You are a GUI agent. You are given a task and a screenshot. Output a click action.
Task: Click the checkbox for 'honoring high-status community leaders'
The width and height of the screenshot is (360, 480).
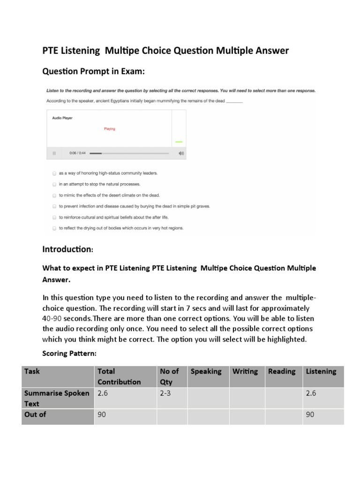(54, 173)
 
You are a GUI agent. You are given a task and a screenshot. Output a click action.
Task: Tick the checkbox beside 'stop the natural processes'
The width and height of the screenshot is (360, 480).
(54, 184)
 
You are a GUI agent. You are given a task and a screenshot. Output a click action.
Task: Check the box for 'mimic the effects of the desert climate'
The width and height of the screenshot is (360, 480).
(54, 195)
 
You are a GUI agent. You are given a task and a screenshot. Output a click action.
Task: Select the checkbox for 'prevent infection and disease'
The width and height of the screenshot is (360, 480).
(54, 206)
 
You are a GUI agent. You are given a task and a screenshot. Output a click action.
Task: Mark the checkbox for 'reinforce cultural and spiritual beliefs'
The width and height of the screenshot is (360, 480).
(54, 217)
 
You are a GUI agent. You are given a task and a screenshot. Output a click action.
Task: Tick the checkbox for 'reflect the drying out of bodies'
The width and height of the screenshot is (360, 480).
(54, 228)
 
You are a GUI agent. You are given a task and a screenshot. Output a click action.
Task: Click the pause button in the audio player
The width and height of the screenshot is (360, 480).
(54, 153)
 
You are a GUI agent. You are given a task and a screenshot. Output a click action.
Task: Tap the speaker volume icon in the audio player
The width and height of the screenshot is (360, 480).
(181, 153)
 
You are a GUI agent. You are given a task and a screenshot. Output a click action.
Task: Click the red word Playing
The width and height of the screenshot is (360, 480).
(109, 129)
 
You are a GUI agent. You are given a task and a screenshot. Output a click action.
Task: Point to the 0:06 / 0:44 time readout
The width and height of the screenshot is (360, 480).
(77, 153)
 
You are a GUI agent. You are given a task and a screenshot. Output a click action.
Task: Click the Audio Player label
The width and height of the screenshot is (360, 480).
(62, 118)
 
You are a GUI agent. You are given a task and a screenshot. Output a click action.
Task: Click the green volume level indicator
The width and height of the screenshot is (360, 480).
(179, 142)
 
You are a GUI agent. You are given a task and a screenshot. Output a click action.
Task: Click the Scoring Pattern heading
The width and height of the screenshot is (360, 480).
(69, 353)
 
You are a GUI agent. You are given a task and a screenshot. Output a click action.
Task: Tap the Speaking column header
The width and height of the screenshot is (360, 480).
(206, 371)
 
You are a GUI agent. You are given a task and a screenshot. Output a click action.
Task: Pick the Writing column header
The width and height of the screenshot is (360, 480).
(245, 371)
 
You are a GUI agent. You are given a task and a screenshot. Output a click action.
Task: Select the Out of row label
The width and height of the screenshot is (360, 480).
(35, 414)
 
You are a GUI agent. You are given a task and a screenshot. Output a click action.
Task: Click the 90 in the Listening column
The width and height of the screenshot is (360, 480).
(310, 414)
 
